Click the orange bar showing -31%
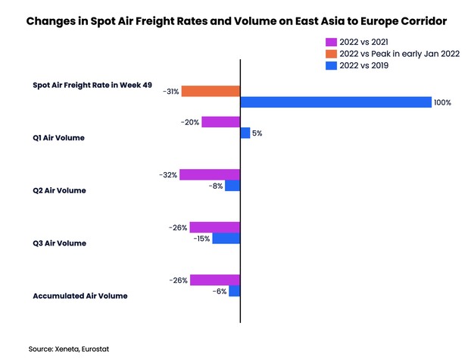point(210,91)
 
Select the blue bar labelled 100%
point(335,102)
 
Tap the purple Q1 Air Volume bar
point(220,122)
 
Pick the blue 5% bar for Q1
point(245,133)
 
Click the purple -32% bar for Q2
point(209,174)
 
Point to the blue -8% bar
point(232,185)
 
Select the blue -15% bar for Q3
point(226,238)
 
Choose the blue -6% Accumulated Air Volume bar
point(234,290)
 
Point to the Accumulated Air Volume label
point(80,296)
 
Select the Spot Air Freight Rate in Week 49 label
point(88,85)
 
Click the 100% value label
point(442,102)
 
